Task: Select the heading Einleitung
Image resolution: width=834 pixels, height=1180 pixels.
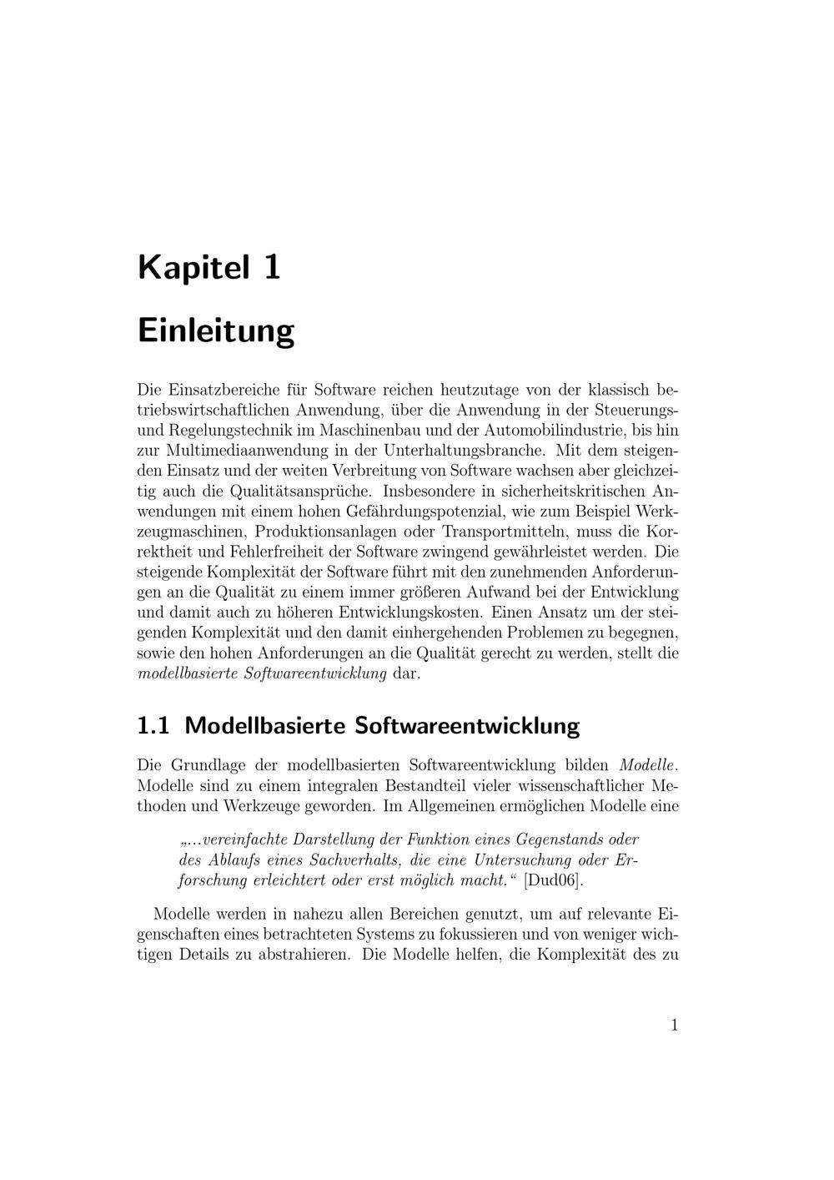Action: coord(215,330)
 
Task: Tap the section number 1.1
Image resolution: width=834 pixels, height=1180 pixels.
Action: coord(153,725)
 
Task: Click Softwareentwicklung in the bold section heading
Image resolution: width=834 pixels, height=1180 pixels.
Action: coord(466,725)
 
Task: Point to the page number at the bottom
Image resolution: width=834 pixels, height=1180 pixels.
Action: coord(674,1025)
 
